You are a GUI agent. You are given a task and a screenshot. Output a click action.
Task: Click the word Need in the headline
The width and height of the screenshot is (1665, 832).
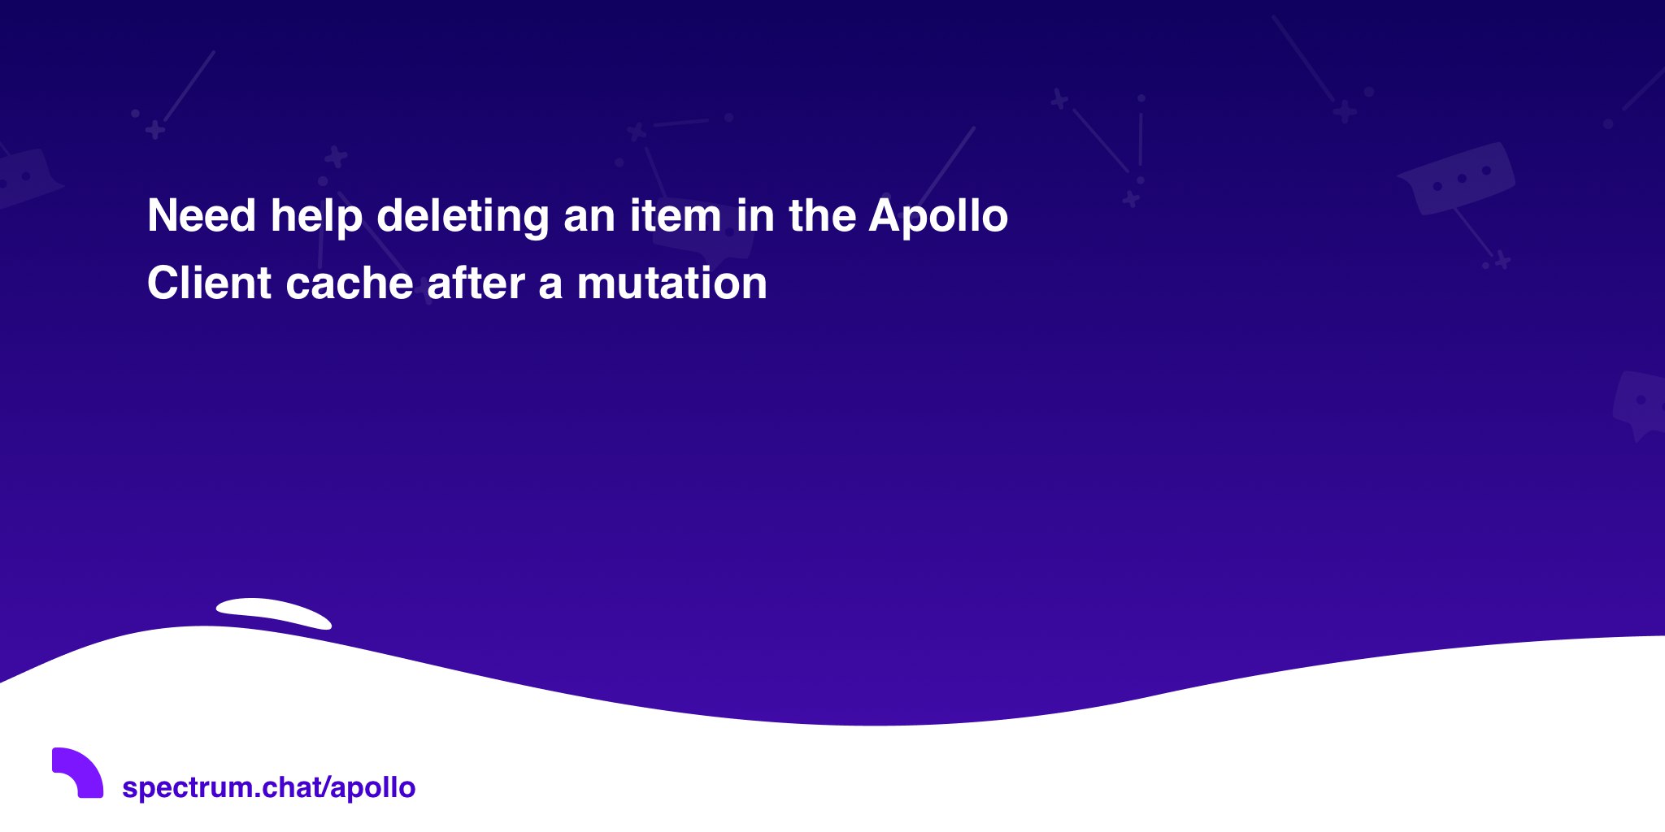pos(202,216)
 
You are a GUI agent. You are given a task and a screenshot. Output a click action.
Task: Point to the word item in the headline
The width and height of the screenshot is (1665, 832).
pos(676,216)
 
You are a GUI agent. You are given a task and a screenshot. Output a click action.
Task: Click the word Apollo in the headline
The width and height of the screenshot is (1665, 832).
pos(938,217)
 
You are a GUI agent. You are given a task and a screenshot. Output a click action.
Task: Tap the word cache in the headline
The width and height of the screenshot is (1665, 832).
pos(350,284)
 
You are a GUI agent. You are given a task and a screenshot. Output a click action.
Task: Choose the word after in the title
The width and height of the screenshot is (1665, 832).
pos(476,284)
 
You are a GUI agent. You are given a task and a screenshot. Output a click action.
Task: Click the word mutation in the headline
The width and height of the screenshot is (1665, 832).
pos(672,284)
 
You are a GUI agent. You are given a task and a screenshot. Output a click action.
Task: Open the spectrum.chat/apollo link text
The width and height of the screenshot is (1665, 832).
pos(268,787)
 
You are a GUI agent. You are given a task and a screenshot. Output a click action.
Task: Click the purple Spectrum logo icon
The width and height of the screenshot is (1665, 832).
pos(77,773)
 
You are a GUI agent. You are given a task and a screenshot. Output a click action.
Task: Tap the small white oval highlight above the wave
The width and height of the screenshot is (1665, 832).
pos(274,613)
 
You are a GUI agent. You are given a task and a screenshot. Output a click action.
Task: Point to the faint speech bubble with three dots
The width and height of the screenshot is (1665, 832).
pos(1457,180)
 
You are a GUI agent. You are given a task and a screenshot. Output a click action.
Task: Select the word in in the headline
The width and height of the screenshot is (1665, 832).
pos(755,216)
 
